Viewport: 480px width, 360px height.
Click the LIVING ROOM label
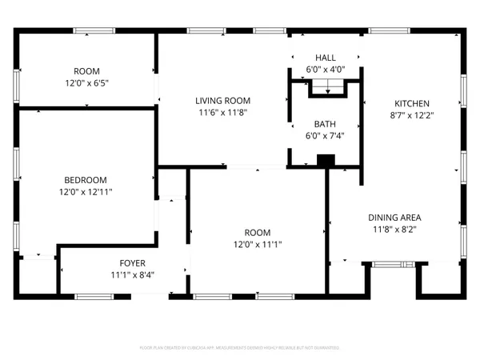223,101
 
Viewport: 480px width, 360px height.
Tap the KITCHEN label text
411,103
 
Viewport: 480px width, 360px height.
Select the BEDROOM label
86,180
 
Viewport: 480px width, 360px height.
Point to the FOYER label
132,262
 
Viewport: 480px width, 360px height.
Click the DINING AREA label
394,217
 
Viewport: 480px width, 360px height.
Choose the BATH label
325,124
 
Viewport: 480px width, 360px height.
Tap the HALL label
326,58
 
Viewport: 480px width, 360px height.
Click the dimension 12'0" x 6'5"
86,82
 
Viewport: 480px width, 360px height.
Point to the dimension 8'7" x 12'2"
411,115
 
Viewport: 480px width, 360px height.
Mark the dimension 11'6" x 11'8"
223,113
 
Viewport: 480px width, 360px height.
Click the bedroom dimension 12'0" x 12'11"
86,192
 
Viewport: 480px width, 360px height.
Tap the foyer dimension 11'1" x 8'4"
132,274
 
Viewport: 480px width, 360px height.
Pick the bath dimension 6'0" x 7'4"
325,136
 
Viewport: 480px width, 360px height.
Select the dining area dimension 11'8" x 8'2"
394,229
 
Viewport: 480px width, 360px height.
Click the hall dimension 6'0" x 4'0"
326,70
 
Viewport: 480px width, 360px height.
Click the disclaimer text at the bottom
240,348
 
